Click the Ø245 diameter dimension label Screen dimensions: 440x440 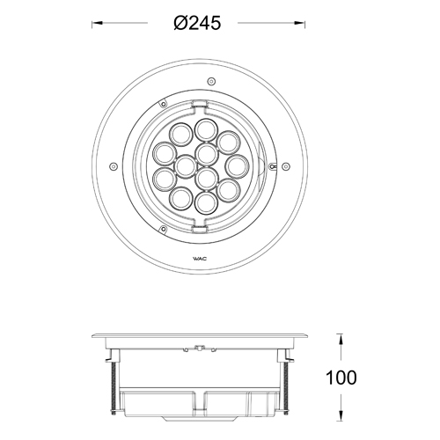197,23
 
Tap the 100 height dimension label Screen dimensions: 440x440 341,378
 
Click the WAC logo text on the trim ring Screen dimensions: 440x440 200,259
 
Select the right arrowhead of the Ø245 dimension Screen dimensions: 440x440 300,23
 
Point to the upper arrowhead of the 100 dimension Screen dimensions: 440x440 341,339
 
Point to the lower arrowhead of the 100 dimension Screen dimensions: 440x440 341,415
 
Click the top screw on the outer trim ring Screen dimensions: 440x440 211,81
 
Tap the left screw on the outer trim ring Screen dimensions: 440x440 114,166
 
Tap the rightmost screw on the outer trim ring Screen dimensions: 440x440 286,166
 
